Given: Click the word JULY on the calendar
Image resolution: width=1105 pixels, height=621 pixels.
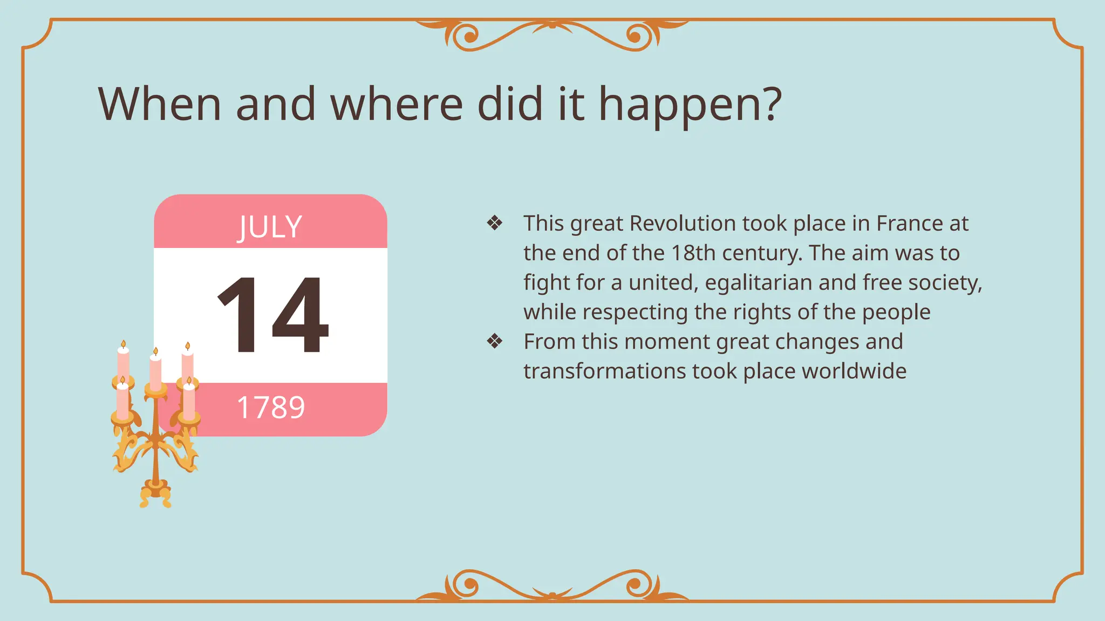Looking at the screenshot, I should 270,227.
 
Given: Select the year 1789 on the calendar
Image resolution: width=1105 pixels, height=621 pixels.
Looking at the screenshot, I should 271,408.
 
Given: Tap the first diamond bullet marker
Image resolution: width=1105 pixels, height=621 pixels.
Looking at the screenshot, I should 494,223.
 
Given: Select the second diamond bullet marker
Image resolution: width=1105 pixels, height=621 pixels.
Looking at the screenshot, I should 494,341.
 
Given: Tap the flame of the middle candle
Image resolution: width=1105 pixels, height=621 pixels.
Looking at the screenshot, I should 155,352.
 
